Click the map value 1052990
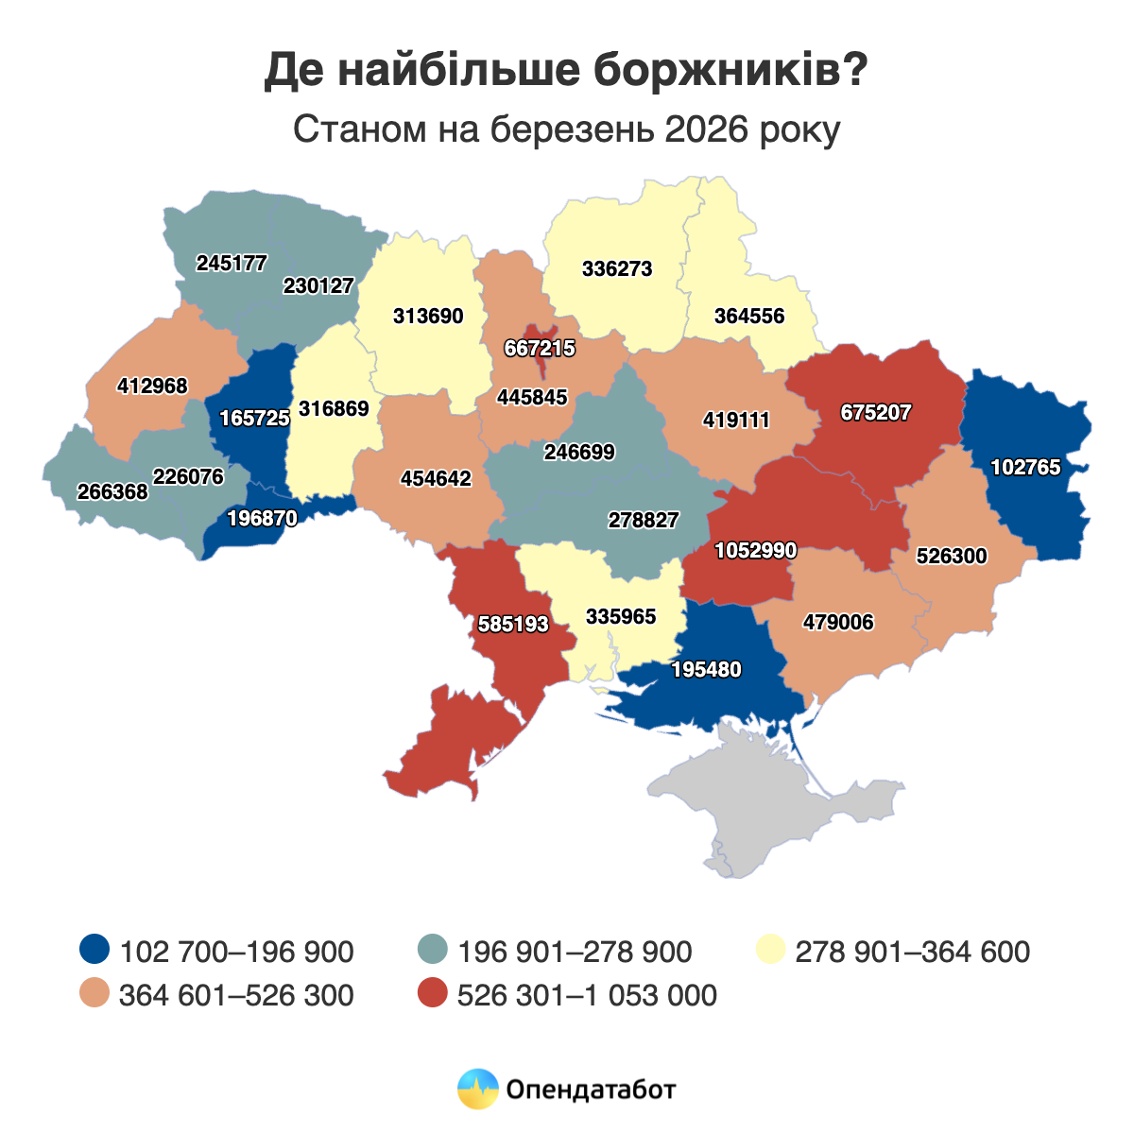coord(756,550)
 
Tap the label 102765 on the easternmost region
coord(1025,467)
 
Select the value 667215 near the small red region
coord(540,349)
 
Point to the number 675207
coord(875,413)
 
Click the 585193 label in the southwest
coord(513,624)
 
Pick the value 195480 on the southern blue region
coord(706,670)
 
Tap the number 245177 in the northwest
coord(232,263)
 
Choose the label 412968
coord(152,386)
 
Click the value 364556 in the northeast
coord(749,316)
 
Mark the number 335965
coord(621,617)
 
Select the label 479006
coord(838,622)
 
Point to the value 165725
coord(254,418)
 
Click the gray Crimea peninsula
coord(784,813)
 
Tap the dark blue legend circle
coord(95,950)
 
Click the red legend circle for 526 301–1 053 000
coord(433,994)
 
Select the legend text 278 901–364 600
coord(912,951)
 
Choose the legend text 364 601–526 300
coord(236,995)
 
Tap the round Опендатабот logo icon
coord(477,1089)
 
